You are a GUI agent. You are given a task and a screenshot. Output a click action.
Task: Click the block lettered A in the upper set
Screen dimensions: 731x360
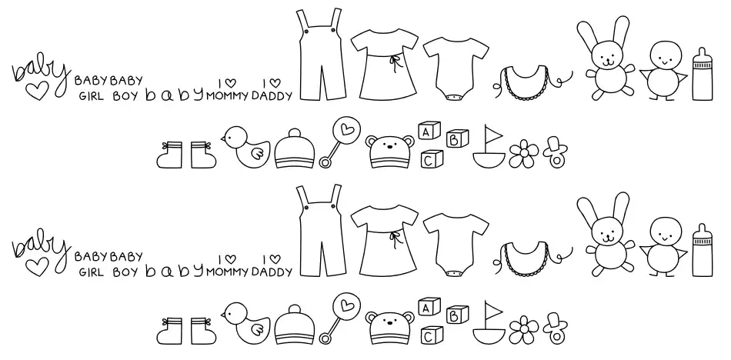429,131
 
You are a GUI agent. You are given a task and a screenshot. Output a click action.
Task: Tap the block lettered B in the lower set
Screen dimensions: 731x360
457,315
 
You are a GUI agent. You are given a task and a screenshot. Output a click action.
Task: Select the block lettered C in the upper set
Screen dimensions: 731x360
432,159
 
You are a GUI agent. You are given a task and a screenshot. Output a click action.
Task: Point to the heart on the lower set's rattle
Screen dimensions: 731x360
346,305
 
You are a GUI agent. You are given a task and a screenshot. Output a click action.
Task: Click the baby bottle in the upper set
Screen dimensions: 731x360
702,74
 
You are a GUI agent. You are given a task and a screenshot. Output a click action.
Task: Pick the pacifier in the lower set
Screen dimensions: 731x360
555,328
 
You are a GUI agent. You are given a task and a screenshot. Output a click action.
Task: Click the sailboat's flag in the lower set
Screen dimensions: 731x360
493,309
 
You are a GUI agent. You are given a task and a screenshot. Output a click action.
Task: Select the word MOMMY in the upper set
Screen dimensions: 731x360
227,96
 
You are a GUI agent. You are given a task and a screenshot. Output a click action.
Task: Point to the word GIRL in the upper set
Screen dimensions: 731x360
92,96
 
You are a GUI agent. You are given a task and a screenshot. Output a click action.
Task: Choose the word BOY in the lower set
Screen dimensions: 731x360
125,272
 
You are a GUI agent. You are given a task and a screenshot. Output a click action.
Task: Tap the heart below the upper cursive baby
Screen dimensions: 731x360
37,92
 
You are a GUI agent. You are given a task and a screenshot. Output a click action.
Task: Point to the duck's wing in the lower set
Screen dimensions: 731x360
257,329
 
